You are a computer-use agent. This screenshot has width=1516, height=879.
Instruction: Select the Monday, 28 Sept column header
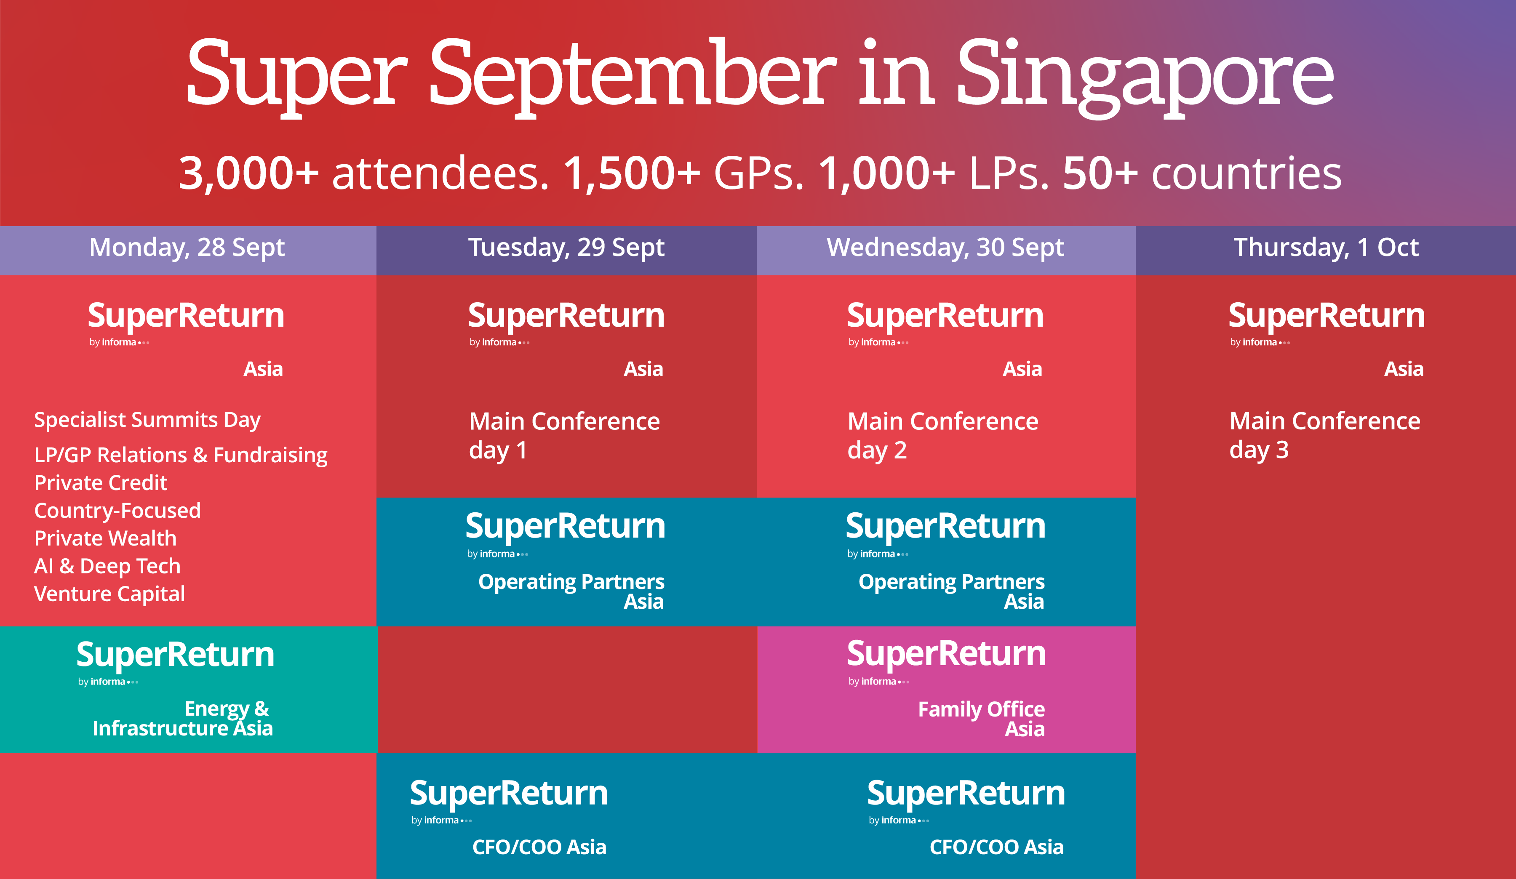coord(187,248)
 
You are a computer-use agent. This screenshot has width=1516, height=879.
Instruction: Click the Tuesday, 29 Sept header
coord(566,248)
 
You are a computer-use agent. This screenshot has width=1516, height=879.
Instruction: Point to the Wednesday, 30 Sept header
coord(945,248)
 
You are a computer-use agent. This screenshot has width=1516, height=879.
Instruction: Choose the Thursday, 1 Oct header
coord(1326,248)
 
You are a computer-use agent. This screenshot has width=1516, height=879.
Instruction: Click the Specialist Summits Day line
coord(147,420)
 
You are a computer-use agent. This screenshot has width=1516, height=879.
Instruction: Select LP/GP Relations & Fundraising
coord(181,455)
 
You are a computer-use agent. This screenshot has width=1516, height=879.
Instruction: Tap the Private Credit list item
coord(101,483)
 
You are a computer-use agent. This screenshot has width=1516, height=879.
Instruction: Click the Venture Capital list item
coord(109,594)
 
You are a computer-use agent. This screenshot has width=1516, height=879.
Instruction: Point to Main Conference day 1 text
coord(564,436)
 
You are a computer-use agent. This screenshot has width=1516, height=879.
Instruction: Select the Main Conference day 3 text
coord(1325,436)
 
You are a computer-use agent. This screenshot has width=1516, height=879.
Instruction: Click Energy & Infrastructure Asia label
coord(182,719)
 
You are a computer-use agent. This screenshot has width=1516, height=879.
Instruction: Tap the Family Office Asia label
coord(981,719)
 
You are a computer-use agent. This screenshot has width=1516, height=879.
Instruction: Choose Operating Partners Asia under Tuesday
coord(571,591)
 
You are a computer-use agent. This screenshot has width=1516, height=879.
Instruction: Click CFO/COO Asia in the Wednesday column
coord(996,847)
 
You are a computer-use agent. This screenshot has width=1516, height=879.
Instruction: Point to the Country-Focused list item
coord(117,511)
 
